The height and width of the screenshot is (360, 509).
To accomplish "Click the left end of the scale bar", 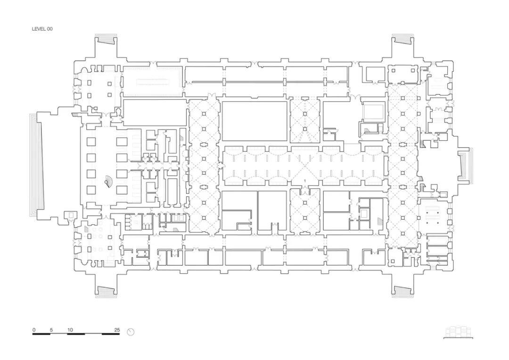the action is (33, 334).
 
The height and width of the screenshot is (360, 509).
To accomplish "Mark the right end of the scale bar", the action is (119, 334).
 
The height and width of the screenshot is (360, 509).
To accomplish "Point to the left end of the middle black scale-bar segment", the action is (67, 334).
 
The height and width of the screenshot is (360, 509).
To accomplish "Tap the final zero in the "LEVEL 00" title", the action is (51, 29).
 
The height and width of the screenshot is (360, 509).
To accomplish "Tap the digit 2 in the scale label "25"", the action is (116, 330).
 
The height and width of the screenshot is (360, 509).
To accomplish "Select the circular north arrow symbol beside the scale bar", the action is (131, 332).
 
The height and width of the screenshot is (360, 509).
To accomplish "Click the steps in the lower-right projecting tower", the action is (403, 292).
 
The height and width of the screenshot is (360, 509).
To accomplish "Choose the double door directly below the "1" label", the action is (305, 191).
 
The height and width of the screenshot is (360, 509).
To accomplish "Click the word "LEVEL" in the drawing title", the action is (39, 29).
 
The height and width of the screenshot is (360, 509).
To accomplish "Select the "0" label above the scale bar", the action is (34, 330).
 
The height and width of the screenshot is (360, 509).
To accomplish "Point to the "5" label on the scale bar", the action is (51, 330).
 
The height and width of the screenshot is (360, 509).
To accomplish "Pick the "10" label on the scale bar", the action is (70, 330).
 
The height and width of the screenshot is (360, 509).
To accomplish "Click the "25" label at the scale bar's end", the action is (117, 330).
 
